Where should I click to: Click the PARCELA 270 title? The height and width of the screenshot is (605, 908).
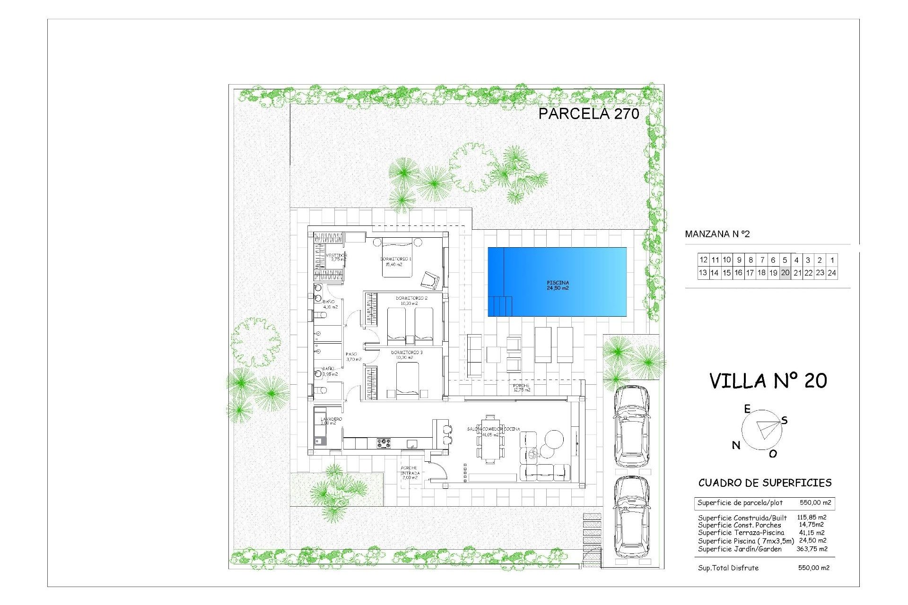click(x=588, y=113)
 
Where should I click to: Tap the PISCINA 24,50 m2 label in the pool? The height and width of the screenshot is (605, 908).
click(x=558, y=285)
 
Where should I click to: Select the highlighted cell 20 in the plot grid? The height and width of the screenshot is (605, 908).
click(x=785, y=273)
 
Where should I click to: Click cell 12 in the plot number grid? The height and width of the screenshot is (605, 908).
click(x=703, y=260)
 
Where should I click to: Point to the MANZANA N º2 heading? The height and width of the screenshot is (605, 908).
click(x=717, y=234)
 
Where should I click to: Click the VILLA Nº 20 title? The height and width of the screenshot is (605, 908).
click(x=768, y=381)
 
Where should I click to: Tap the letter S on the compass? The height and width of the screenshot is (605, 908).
click(x=784, y=420)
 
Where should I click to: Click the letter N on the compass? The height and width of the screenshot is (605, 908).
click(x=736, y=445)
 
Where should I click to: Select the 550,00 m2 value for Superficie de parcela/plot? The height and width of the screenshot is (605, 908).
click(x=815, y=503)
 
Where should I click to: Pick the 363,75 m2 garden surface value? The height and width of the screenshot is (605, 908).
click(x=812, y=549)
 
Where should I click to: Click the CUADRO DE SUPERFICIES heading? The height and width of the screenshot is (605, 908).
click(x=765, y=483)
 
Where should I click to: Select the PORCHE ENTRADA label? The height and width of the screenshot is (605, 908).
click(x=409, y=473)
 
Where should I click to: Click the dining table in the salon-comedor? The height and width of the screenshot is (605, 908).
click(x=490, y=440)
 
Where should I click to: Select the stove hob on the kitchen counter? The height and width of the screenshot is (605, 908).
click(x=384, y=443)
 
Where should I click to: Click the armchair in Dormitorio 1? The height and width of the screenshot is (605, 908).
click(x=430, y=280)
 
